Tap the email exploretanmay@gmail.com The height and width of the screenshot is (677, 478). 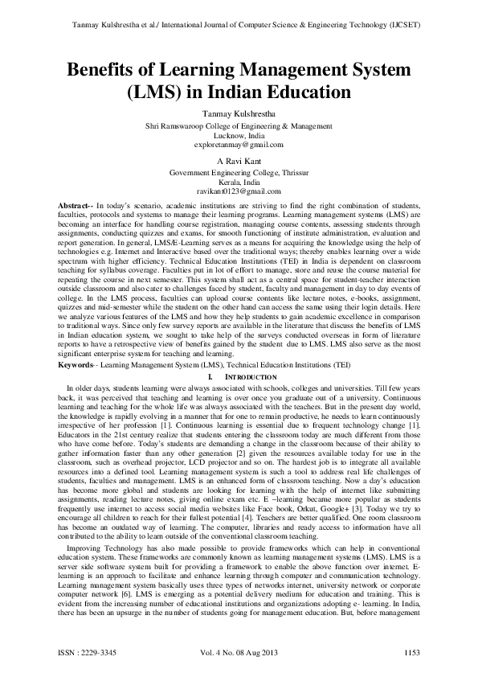[239, 145]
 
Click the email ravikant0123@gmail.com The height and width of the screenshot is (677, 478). [239, 191]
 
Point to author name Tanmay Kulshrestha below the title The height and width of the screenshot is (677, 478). [239, 115]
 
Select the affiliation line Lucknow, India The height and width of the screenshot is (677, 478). [239, 135]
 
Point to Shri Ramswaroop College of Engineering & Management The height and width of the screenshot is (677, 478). [239, 125]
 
